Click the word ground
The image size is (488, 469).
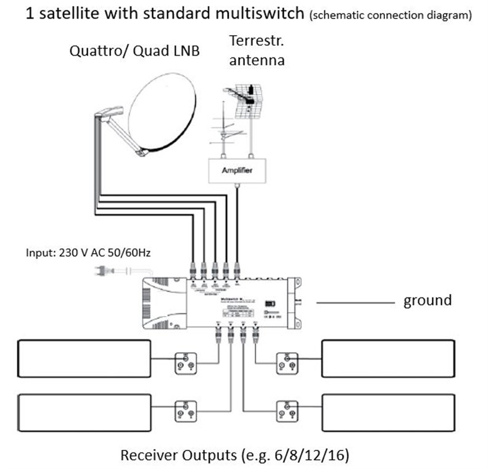[x=428, y=301]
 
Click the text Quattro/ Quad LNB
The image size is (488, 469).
[x=134, y=52]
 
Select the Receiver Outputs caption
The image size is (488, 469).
[x=235, y=455]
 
